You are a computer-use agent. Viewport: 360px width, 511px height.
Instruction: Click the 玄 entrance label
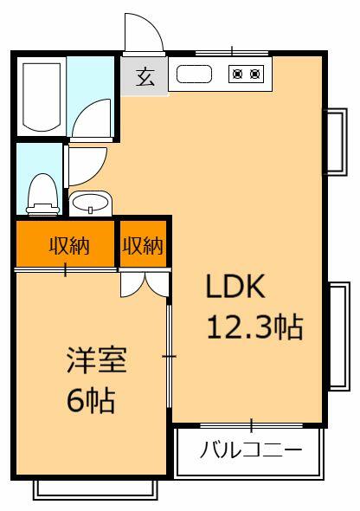(145, 76)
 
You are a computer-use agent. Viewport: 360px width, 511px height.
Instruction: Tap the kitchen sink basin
(194, 74)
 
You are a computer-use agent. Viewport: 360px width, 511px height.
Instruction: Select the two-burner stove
(245, 74)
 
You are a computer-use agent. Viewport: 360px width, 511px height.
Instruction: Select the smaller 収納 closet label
(143, 245)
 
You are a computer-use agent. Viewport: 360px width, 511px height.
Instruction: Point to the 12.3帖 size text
(254, 327)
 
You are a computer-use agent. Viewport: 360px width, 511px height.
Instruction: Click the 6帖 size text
(92, 400)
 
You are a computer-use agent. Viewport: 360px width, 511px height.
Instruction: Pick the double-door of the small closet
(144, 281)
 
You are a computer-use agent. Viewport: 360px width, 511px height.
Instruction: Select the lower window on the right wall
(338, 335)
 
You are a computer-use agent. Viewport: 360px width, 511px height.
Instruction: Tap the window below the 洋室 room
(94, 488)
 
